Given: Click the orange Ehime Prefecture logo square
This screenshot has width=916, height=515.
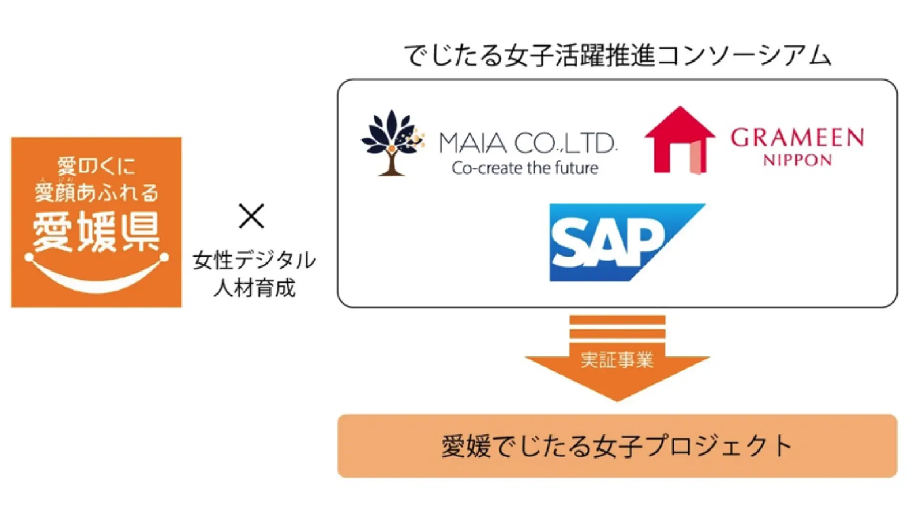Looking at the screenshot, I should click(x=96, y=222).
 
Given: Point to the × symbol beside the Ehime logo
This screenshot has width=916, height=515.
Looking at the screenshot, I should click(x=251, y=217).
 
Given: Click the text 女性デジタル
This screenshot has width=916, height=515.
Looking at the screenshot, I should click(x=253, y=261).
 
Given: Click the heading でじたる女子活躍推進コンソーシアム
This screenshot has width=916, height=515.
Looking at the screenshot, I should click(x=617, y=56).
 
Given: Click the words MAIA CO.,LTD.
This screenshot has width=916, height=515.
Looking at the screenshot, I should click(x=527, y=143).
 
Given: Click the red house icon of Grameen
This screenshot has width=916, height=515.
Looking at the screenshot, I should click(x=679, y=140).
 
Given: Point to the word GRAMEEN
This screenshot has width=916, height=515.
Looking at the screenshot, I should click(x=797, y=138).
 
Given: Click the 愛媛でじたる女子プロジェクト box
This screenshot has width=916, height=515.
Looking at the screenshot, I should click(x=617, y=446).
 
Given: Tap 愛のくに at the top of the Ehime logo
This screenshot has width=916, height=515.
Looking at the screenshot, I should click(x=96, y=165).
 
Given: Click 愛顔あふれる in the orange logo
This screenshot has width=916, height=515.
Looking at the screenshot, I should click(x=96, y=188).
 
